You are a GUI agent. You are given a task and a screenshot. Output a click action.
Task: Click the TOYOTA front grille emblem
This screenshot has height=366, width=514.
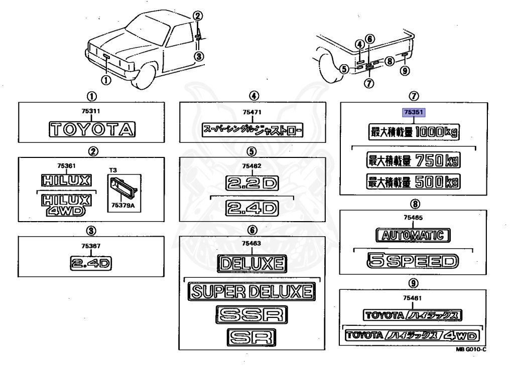tap(92, 130)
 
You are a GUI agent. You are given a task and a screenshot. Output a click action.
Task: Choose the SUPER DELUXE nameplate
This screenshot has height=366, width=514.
tap(251, 291)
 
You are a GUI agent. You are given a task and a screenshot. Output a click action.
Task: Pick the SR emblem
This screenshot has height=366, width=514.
tap(251, 337)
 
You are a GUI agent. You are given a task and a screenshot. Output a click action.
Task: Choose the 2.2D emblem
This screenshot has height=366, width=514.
tap(251, 184)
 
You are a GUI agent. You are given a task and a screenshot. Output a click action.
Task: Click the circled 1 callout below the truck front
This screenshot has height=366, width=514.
tap(106, 79)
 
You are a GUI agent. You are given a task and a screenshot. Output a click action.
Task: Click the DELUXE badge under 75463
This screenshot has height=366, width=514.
tap(251, 263)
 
